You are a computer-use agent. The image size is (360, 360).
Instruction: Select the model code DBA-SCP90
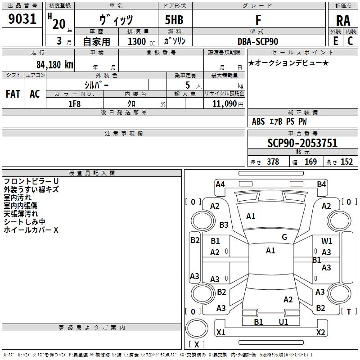[258, 41]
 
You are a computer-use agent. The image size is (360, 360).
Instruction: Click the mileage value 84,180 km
[54, 64]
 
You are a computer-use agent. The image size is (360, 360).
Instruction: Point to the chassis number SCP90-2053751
[302, 144]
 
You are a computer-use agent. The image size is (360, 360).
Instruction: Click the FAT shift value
[13, 94]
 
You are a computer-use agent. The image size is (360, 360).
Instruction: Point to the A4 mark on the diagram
[220, 184]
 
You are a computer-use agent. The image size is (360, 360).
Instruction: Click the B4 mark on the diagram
[321, 184]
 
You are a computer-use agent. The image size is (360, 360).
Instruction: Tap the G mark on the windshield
[284, 237]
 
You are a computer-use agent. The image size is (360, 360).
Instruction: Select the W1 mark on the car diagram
[327, 241]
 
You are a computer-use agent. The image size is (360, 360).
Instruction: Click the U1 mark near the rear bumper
[283, 322]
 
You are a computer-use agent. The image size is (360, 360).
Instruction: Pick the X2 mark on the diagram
[321, 333]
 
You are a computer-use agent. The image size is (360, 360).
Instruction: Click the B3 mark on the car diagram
[224, 225]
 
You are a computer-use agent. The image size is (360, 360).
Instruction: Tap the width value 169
[310, 162]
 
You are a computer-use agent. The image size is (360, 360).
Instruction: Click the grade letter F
[258, 21]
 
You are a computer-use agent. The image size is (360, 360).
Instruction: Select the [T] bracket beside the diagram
[349, 311]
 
